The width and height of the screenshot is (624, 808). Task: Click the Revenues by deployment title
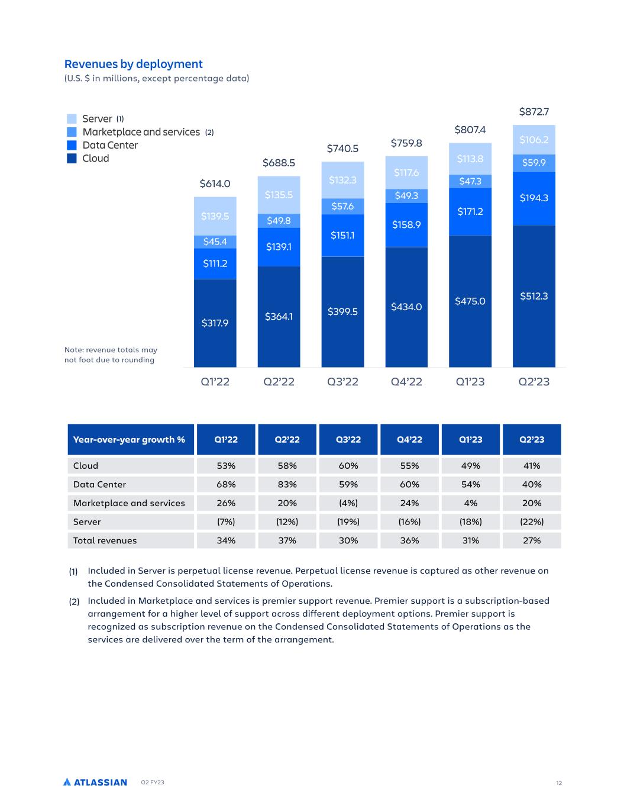coord(133,64)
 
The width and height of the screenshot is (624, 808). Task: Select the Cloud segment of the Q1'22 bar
coord(215,323)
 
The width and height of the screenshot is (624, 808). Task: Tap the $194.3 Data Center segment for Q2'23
coord(534,198)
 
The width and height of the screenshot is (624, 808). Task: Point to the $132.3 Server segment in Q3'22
coord(342,180)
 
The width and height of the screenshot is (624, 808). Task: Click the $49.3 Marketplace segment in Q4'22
coord(406,195)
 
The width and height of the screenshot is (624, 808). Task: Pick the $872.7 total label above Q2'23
coord(534,111)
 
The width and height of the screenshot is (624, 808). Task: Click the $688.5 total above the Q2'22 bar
coord(279,162)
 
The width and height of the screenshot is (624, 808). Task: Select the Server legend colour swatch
coord(72,119)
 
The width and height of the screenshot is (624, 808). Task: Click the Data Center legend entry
coord(109,145)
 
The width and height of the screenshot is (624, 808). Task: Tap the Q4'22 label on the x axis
coord(406,382)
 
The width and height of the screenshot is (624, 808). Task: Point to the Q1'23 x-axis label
coord(470,382)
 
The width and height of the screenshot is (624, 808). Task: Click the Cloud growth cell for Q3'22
coord(348,466)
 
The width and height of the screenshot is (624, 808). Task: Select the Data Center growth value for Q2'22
coord(287,484)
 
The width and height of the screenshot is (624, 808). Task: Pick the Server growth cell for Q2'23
coord(532,522)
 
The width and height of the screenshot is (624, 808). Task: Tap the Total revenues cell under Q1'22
coord(226,540)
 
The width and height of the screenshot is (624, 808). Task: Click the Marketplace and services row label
coord(129,503)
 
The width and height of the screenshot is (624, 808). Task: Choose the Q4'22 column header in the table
coord(409,439)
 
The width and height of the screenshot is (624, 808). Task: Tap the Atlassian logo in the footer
coord(95,783)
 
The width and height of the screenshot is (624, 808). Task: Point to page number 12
coord(559,783)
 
